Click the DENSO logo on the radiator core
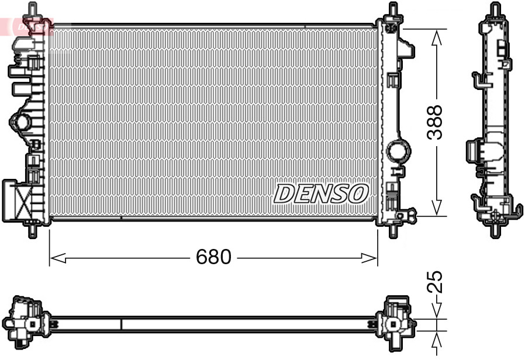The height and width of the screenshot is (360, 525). [321, 193]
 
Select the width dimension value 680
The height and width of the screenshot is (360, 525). [213, 257]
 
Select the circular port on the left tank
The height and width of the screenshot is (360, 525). [22, 123]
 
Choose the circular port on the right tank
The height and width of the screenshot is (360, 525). [400, 150]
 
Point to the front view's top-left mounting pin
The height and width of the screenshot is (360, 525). [33, 11]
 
